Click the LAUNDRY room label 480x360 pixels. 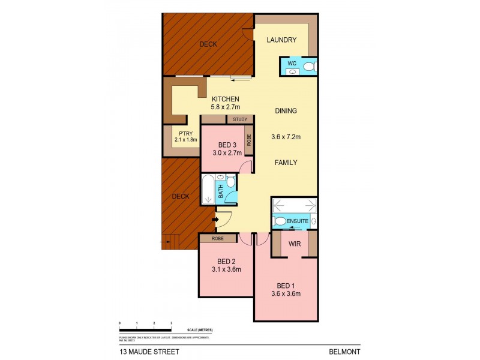click(281, 40)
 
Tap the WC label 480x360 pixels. click(292, 63)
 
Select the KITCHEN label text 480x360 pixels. click(225, 99)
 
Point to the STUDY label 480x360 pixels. click(240, 119)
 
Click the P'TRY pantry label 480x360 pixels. click(181, 133)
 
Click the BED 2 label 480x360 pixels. click(226, 261)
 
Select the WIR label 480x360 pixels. click(295, 244)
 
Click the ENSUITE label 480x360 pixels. click(298, 221)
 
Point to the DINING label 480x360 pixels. click(286, 111)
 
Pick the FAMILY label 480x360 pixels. click(286, 163)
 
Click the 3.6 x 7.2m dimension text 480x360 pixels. click(286, 137)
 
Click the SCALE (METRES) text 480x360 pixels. click(200, 331)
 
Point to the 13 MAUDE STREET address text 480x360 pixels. click(145, 352)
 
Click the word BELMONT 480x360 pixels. click(344, 352)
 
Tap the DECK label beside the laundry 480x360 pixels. click(208, 44)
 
